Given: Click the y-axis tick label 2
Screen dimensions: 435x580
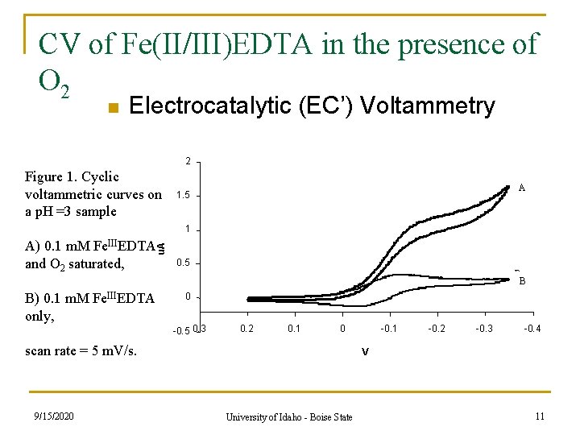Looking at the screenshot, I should [x=187, y=162].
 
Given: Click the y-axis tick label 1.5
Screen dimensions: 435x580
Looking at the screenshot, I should [x=183, y=196].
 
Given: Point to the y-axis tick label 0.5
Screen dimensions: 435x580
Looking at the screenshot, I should [x=183, y=263].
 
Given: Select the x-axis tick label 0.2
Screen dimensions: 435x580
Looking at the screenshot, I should [x=246, y=329].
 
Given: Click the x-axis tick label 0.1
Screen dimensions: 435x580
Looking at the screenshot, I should [x=294, y=329].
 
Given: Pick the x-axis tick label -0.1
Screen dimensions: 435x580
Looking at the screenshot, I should [x=388, y=329].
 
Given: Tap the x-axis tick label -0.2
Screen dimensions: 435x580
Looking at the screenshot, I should [x=436, y=329].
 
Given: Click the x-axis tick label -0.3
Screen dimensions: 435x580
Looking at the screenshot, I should [x=484, y=329].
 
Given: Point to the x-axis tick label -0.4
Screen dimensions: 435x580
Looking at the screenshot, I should [x=532, y=329].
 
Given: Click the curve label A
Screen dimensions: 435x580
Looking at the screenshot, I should [x=522, y=188].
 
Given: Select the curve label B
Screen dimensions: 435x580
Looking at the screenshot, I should [x=522, y=281].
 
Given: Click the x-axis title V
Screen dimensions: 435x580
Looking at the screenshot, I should [x=365, y=351].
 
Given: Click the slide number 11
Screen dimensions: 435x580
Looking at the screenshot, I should [x=541, y=415].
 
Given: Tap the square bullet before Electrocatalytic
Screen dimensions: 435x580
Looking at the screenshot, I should [x=114, y=107].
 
